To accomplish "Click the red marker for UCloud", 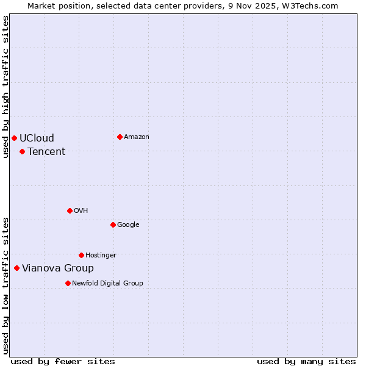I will (x=14, y=138).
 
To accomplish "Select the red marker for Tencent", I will (x=22, y=151).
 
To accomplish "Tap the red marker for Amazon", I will (x=120, y=137).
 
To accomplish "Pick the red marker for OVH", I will (x=70, y=210).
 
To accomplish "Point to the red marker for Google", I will (x=113, y=224).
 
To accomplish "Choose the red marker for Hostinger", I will (x=81, y=255).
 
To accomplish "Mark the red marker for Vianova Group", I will (x=16, y=268).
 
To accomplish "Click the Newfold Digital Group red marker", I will (x=68, y=283).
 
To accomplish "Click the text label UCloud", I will (x=37, y=138).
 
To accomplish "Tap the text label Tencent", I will (x=46, y=151).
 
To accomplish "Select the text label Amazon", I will (x=137, y=137).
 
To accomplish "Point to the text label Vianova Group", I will (x=58, y=268).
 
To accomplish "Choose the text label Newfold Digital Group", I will (x=107, y=283).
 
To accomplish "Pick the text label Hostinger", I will (x=101, y=255).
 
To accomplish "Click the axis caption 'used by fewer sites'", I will (x=63, y=361).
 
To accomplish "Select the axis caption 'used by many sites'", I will (x=306, y=361).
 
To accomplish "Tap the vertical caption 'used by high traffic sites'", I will (x=5, y=87).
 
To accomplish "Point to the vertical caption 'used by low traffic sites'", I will (x=5, y=285).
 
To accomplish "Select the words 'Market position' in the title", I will (x=56, y=5).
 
